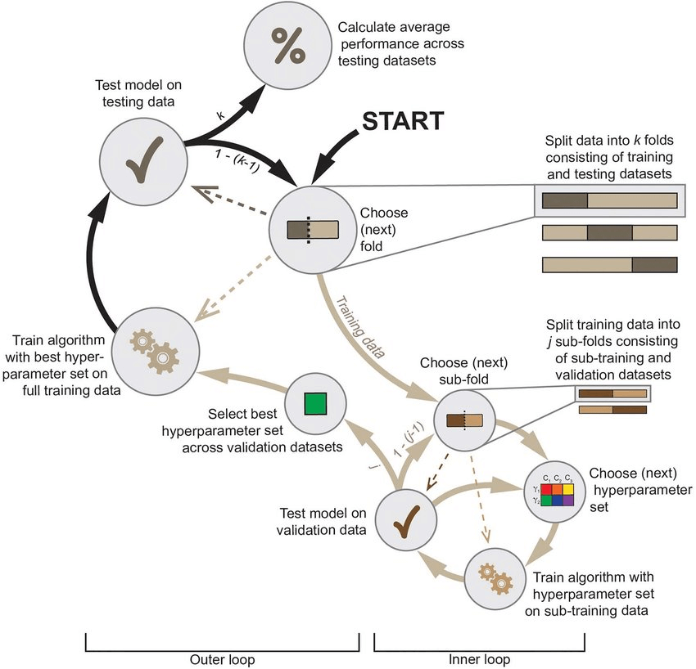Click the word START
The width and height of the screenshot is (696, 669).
click(403, 120)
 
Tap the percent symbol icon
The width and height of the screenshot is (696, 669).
click(288, 45)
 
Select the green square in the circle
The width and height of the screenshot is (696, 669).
click(315, 403)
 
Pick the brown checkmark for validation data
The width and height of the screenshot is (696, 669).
click(407, 521)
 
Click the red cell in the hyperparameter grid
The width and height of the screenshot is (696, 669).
click(547, 489)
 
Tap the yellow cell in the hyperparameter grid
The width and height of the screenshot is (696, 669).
click(568, 489)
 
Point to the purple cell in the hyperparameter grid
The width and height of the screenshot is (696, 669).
click(568, 500)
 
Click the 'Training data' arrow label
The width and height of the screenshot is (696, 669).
click(360, 327)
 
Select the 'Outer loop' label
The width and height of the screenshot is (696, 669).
click(223, 659)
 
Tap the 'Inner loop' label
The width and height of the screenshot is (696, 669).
click(479, 659)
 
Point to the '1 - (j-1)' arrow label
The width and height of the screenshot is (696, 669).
click(409, 439)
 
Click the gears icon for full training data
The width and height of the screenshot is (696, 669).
click(155, 351)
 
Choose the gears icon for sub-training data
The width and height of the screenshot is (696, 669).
click(495, 579)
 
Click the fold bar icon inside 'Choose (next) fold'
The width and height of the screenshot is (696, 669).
click(313, 230)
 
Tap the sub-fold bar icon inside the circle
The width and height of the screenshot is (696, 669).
click(464, 420)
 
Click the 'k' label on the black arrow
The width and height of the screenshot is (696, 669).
click(220, 115)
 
